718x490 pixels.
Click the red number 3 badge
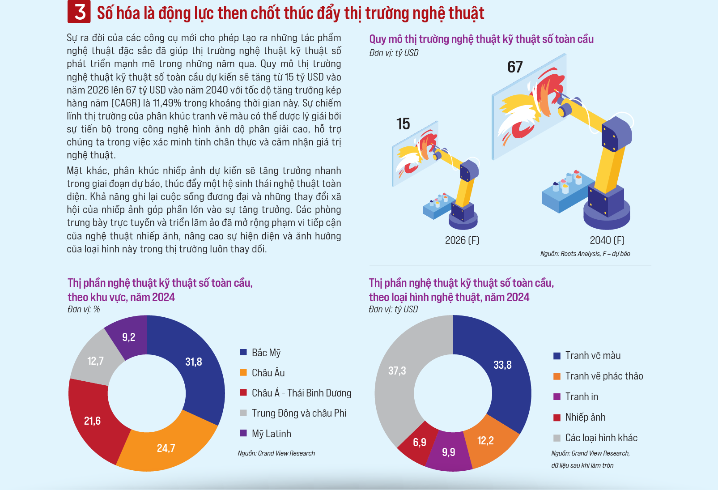click(79, 12)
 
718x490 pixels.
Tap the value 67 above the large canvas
click(515, 67)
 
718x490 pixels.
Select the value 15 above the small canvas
click(403, 124)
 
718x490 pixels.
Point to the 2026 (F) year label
click(462, 240)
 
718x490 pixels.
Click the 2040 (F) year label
click(607, 240)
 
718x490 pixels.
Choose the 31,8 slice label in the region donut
click(194, 362)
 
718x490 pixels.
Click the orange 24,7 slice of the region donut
click(166, 448)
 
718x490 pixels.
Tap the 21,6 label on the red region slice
click(92, 421)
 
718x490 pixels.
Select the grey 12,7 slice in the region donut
click(95, 361)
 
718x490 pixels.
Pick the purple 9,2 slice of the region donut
click(128, 337)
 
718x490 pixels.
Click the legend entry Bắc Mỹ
click(260, 353)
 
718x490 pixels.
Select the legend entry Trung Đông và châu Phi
click(293, 413)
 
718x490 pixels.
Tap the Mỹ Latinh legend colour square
click(243, 433)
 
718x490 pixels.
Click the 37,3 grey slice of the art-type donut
click(397, 371)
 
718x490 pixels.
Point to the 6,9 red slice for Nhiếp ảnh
click(419, 443)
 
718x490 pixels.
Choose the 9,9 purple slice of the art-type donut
click(448, 452)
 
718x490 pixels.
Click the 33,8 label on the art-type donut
click(503, 365)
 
